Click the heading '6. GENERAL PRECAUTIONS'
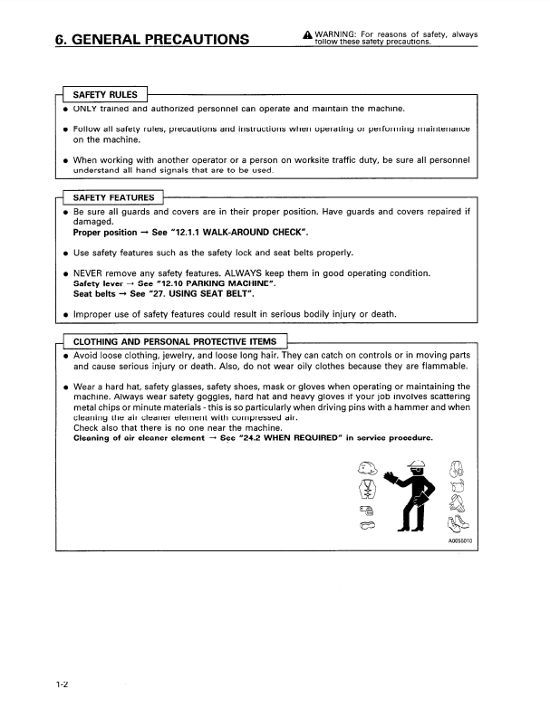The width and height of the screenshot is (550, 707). point(151,39)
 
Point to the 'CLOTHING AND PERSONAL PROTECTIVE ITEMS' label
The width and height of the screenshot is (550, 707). point(175,340)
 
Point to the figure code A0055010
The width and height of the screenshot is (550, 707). point(459,541)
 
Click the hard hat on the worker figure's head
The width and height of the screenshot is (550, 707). point(418,463)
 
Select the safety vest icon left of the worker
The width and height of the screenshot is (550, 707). point(367,489)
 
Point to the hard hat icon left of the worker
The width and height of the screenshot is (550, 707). point(367,467)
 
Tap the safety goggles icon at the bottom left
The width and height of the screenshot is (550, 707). point(368,525)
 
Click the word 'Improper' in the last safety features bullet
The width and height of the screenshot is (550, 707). point(95,315)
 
